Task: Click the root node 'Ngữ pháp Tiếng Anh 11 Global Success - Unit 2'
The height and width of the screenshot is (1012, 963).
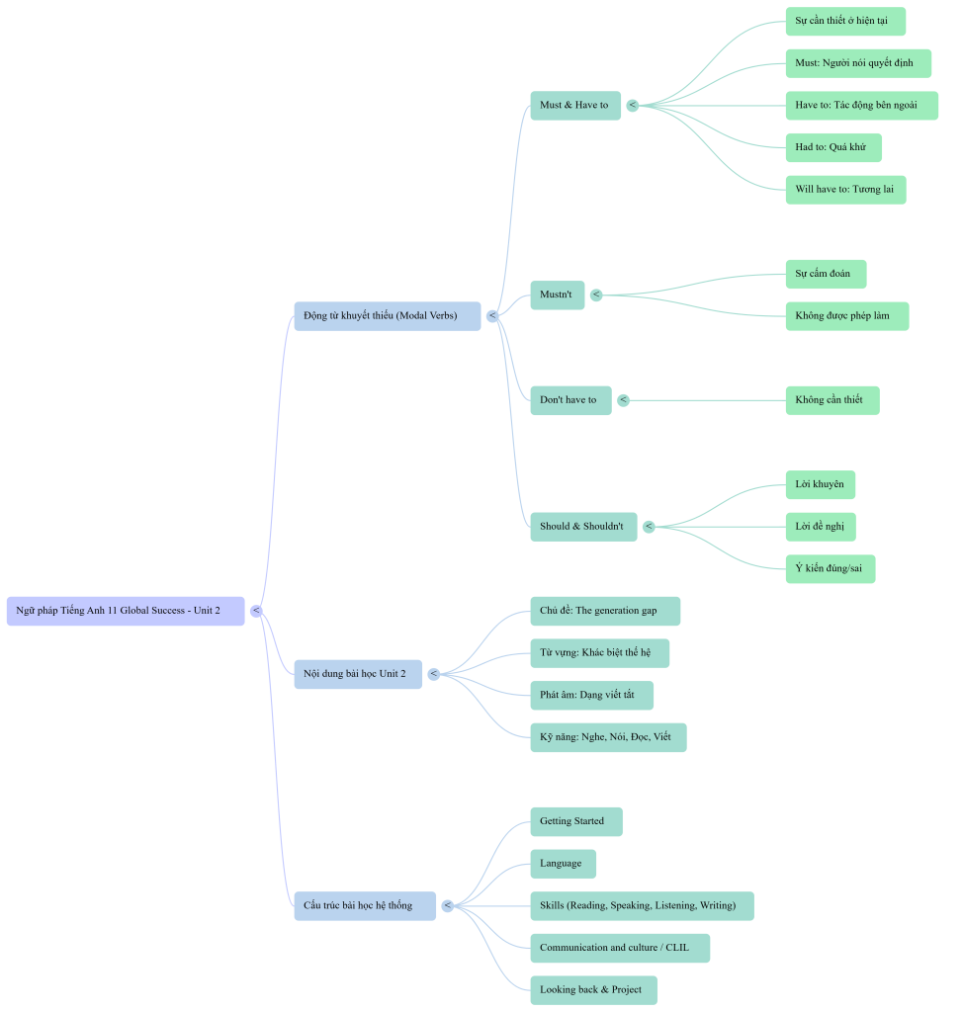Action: (x=126, y=611)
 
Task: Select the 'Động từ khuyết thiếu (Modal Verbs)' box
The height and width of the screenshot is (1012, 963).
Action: (x=387, y=316)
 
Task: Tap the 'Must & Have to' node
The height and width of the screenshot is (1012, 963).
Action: (x=575, y=105)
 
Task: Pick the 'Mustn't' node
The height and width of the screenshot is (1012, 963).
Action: (x=557, y=295)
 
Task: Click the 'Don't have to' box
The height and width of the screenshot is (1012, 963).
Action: (x=569, y=400)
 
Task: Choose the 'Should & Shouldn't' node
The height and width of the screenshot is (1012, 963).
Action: (x=582, y=527)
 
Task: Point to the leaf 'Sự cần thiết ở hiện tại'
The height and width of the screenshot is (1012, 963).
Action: (x=844, y=21)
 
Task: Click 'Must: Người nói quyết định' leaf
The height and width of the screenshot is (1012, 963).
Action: (x=857, y=63)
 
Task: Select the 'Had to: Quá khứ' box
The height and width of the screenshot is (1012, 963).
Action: (x=832, y=147)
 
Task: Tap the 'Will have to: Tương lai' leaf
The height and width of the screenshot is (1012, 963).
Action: (x=844, y=190)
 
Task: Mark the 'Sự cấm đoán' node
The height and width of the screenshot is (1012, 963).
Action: (x=825, y=274)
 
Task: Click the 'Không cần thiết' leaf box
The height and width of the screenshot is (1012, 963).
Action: (x=831, y=400)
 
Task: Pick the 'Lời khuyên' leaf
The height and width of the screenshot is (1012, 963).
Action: (x=820, y=484)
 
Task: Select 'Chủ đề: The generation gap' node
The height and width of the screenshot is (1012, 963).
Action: (x=604, y=611)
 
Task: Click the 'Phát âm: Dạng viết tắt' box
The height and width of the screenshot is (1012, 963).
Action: (x=591, y=695)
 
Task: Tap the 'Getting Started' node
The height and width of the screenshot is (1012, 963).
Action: (x=575, y=821)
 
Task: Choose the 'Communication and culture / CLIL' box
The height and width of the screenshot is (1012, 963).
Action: (x=619, y=948)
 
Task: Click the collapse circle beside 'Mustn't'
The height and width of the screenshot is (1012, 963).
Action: (x=596, y=295)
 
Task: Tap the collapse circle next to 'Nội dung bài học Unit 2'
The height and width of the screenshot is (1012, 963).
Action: (x=433, y=674)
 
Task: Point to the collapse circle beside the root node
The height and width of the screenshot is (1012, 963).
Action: (x=256, y=611)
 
